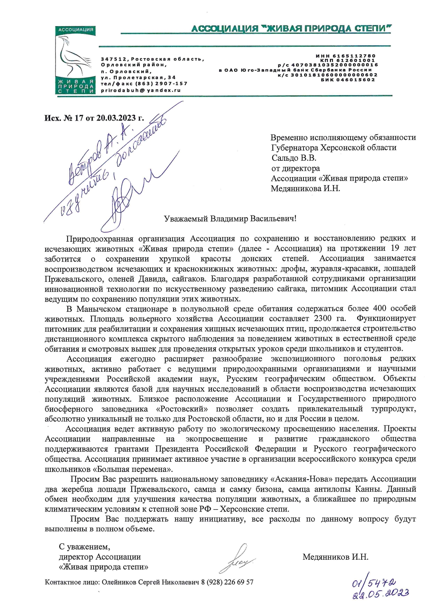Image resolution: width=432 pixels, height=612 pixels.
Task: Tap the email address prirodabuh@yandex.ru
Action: (141, 90)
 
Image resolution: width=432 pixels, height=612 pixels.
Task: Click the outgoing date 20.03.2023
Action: (116, 118)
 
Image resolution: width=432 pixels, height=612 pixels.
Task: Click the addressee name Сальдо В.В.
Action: (294, 158)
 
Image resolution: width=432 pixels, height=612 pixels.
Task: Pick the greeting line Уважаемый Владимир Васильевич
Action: (230, 219)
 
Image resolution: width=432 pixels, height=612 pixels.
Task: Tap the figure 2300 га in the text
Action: (330, 318)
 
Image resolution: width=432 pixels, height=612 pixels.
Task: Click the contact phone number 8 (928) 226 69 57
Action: (227, 582)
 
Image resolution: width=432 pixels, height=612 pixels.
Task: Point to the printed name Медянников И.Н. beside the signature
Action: (335, 557)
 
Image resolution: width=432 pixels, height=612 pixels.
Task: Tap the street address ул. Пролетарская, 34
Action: (138, 77)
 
